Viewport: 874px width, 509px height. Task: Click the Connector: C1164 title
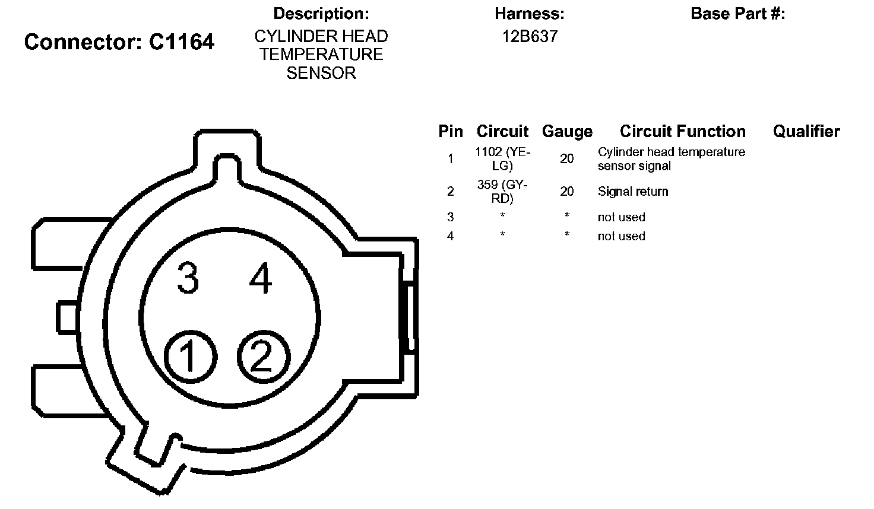click(x=119, y=42)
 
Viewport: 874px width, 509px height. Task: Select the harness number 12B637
click(x=530, y=37)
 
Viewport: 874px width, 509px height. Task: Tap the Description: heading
click(x=321, y=14)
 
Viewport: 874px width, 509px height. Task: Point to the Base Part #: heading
click(x=738, y=14)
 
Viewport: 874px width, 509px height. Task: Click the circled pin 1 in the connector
click(x=191, y=357)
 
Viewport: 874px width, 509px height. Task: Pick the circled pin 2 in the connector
click(x=264, y=357)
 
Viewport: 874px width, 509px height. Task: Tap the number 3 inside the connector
click(x=188, y=278)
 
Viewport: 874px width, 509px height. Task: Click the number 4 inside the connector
click(x=261, y=278)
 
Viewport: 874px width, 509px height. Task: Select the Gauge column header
click(x=567, y=132)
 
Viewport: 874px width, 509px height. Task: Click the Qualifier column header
click(x=806, y=131)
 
